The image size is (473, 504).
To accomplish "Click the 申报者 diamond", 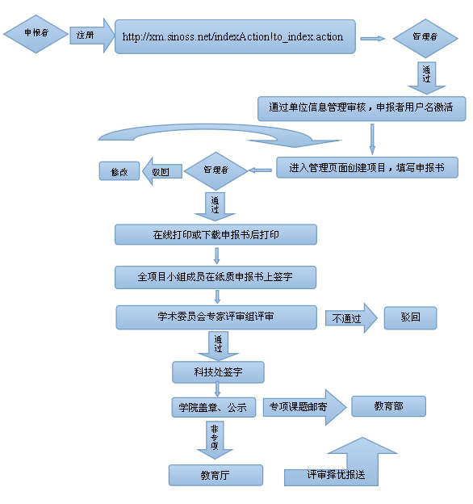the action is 36,34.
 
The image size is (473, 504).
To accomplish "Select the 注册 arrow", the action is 92,36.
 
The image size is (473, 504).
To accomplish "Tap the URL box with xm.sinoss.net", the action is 235,36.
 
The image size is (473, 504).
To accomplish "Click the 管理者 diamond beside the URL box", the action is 425,38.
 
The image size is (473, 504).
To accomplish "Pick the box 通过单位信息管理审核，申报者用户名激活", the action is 362,109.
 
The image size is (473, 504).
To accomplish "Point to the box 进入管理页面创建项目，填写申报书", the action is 367,167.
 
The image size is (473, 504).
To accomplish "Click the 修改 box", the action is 119,171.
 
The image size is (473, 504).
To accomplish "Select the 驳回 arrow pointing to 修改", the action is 162,171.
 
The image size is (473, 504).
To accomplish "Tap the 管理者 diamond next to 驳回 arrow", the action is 216,171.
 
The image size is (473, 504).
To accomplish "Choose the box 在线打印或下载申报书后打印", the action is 216,235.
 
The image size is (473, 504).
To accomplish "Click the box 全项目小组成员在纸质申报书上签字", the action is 216,277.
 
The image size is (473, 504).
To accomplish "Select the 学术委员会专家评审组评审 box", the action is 216,317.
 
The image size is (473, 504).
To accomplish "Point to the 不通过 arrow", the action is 351,318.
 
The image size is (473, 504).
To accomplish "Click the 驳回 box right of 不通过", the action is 410,318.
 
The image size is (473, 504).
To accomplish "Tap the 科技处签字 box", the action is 219,372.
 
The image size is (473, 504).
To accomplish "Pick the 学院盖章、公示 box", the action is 214,408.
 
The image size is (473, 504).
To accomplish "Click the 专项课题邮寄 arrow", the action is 305,407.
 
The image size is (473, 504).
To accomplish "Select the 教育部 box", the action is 388,406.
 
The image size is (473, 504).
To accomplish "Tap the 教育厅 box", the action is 216,475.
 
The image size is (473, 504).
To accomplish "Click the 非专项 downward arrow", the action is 215,440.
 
